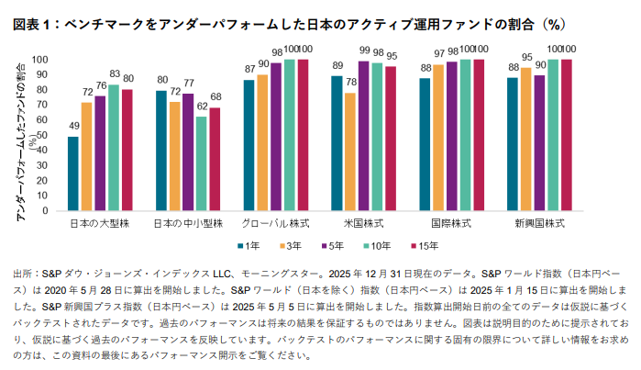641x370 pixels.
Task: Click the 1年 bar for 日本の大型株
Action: (73, 174)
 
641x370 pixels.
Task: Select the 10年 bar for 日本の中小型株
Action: (202, 163)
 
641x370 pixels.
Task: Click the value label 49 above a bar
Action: (73, 128)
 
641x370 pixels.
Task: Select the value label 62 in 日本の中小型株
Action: (202, 107)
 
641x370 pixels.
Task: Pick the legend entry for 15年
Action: (423, 245)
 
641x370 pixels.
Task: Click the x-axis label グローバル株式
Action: (274, 223)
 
